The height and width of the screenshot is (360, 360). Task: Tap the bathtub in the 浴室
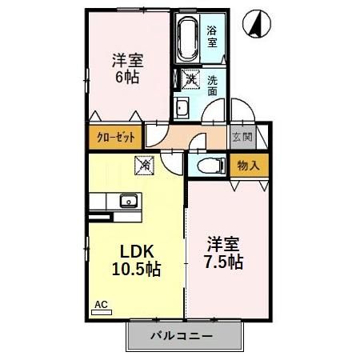187,38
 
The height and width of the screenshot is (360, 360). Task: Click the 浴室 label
212,35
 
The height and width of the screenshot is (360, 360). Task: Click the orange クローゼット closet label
115,136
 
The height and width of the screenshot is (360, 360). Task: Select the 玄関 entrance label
242,136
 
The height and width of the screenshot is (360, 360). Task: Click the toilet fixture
209,166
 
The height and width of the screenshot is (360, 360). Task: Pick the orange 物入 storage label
249,166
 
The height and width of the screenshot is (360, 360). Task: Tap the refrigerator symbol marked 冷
145,165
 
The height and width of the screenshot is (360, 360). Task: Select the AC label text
102,304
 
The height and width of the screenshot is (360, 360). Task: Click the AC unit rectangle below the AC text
102,313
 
